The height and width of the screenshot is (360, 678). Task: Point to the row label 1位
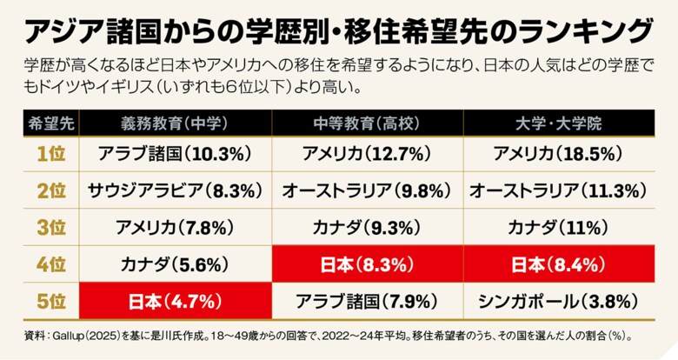tap(51, 153)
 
